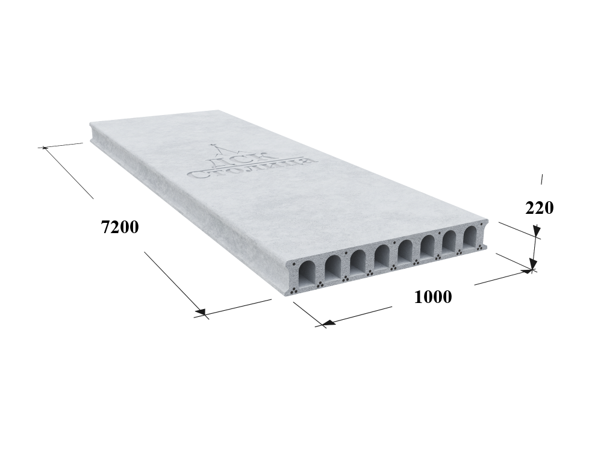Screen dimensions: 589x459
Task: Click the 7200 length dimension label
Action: pyautogui.click(x=120, y=227)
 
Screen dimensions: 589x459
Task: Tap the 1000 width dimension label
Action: pyautogui.click(x=433, y=297)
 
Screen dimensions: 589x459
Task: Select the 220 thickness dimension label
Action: pyautogui.click(x=539, y=208)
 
